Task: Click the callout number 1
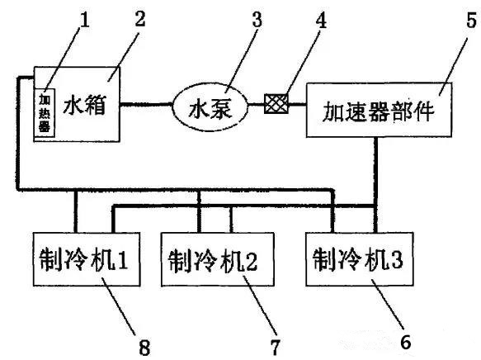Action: click(84, 20)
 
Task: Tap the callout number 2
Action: click(140, 18)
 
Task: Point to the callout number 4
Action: click(321, 21)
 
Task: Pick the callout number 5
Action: click(472, 21)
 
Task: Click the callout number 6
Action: click(406, 342)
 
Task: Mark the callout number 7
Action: click(276, 347)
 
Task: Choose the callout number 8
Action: click(144, 347)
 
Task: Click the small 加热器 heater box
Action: click(45, 112)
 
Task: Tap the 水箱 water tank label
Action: click(85, 105)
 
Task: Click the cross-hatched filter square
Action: click(276, 104)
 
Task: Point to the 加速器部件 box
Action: click(379, 110)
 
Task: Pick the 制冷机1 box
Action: click(87, 259)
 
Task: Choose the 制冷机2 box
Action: click(218, 259)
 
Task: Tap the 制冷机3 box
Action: click(360, 259)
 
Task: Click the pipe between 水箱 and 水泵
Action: click(146, 104)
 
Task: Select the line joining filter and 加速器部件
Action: click(298, 104)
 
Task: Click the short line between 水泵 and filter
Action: click(256, 104)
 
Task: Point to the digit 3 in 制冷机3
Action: click(396, 259)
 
